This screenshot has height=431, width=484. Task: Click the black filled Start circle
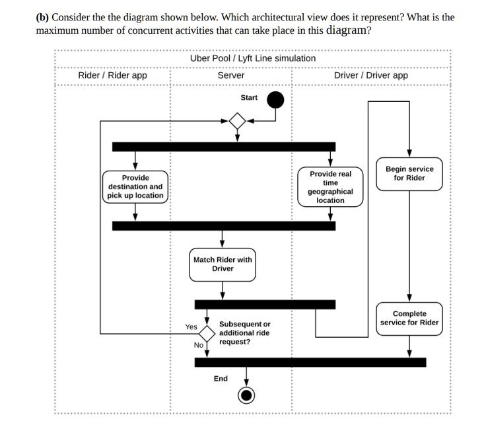click(275, 100)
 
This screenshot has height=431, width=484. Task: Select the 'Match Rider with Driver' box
click(223, 264)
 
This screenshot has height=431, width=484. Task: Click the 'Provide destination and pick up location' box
click(135, 186)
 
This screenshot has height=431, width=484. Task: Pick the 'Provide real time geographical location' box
click(330, 186)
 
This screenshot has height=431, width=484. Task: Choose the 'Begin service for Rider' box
click(409, 174)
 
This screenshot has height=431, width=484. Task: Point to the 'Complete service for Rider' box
click(409, 318)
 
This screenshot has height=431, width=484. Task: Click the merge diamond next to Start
click(237, 121)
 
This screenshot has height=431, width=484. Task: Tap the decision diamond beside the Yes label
click(207, 333)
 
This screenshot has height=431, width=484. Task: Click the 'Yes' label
click(191, 327)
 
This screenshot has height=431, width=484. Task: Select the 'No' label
click(198, 345)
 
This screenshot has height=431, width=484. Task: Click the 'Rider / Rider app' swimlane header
click(112, 75)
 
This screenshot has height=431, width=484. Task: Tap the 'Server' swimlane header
click(231, 75)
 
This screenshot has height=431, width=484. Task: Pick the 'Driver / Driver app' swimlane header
click(370, 75)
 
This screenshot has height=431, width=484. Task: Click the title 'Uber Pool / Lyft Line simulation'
click(252, 58)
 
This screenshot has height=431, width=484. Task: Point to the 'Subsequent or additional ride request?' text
click(244, 333)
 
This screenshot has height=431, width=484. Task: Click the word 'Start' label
click(249, 98)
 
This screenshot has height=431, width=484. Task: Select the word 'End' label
click(221, 379)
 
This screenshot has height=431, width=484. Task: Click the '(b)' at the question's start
click(42, 17)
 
